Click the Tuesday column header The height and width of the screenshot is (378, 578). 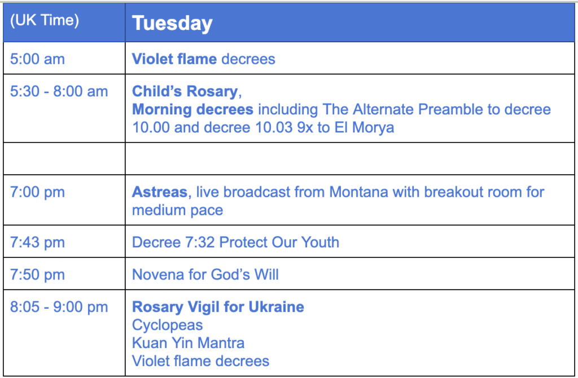click(172, 24)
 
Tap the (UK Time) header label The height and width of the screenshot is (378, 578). click(45, 21)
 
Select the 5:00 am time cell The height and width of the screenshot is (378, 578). click(37, 59)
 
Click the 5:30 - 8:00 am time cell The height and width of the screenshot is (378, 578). click(59, 91)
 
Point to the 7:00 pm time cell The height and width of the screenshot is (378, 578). click(37, 192)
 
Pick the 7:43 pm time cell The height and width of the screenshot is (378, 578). click(37, 243)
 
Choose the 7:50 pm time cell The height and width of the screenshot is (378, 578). click(37, 274)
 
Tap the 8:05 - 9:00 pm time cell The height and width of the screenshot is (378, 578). click(59, 307)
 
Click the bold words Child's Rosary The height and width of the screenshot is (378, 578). click(185, 92)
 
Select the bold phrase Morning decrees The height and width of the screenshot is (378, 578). click(193, 109)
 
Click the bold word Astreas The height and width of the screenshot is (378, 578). click(160, 192)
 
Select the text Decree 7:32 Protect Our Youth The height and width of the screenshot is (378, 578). click(235, 243)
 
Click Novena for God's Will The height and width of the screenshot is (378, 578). click(205, 274)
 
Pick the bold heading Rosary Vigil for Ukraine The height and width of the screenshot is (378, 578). click(218, 307)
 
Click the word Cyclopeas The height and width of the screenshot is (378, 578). click(167, 326)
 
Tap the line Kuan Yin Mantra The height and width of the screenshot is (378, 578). click(189, 343)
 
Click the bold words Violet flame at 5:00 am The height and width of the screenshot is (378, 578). click(174, 59)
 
